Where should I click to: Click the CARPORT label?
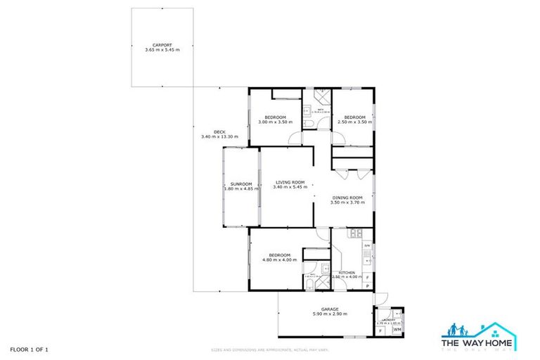pos(162,45)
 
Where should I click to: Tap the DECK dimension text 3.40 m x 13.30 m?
pos(219,136)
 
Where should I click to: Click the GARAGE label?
pos(330,309)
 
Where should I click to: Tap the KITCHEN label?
pos(347,273)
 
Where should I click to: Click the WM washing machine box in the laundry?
pos(397,328)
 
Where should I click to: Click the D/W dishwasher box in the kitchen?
pos(366,245)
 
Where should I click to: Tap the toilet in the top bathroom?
pos(309,124)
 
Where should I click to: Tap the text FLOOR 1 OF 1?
pos(30,349)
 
